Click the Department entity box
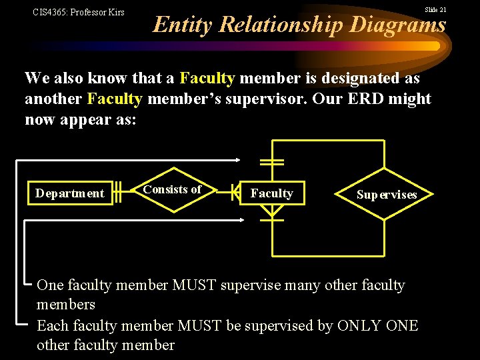coord(70,193)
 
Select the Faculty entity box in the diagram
coord(271,193)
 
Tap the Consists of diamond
coord(172,190)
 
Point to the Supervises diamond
coord(387,195)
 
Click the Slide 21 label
coord(436,10)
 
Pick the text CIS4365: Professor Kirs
coord(79,12)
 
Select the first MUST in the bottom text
coord(195,285)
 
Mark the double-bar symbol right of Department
coord(117,193)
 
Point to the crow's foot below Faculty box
coord(271,211)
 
